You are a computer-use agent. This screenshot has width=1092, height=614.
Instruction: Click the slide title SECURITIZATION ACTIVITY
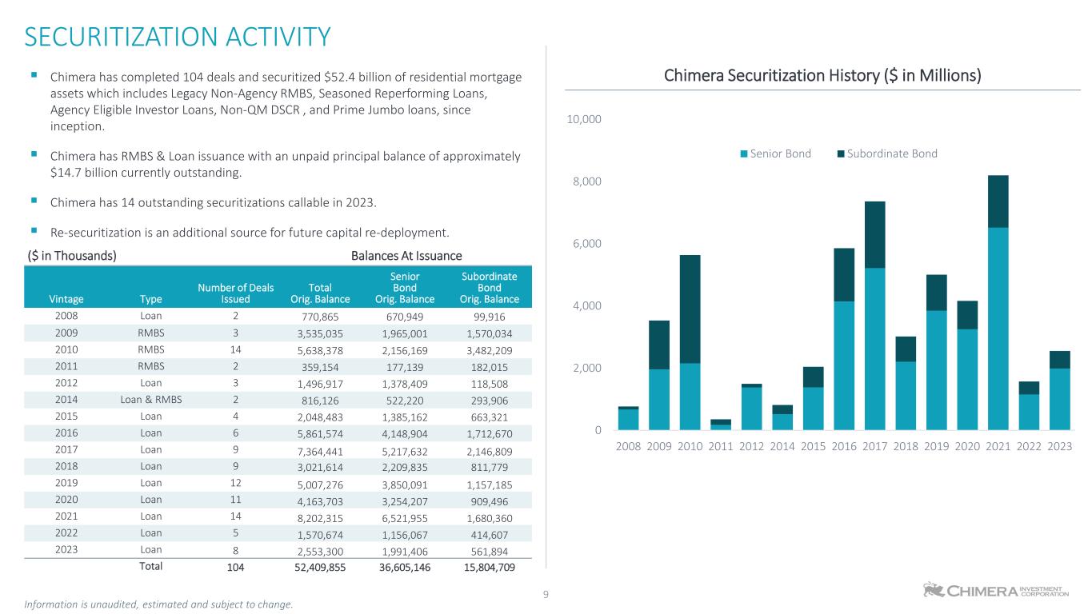[178, 37]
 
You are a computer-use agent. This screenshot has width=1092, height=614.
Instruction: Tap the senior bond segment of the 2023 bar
[1059, 399]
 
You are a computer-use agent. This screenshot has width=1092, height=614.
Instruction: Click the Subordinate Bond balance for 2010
[489, 349]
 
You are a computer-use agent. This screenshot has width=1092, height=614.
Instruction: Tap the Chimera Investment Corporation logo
[996, 590]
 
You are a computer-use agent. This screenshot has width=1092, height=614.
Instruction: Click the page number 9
[546, 594]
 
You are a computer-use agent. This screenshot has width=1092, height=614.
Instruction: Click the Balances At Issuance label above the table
[406, 256]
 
